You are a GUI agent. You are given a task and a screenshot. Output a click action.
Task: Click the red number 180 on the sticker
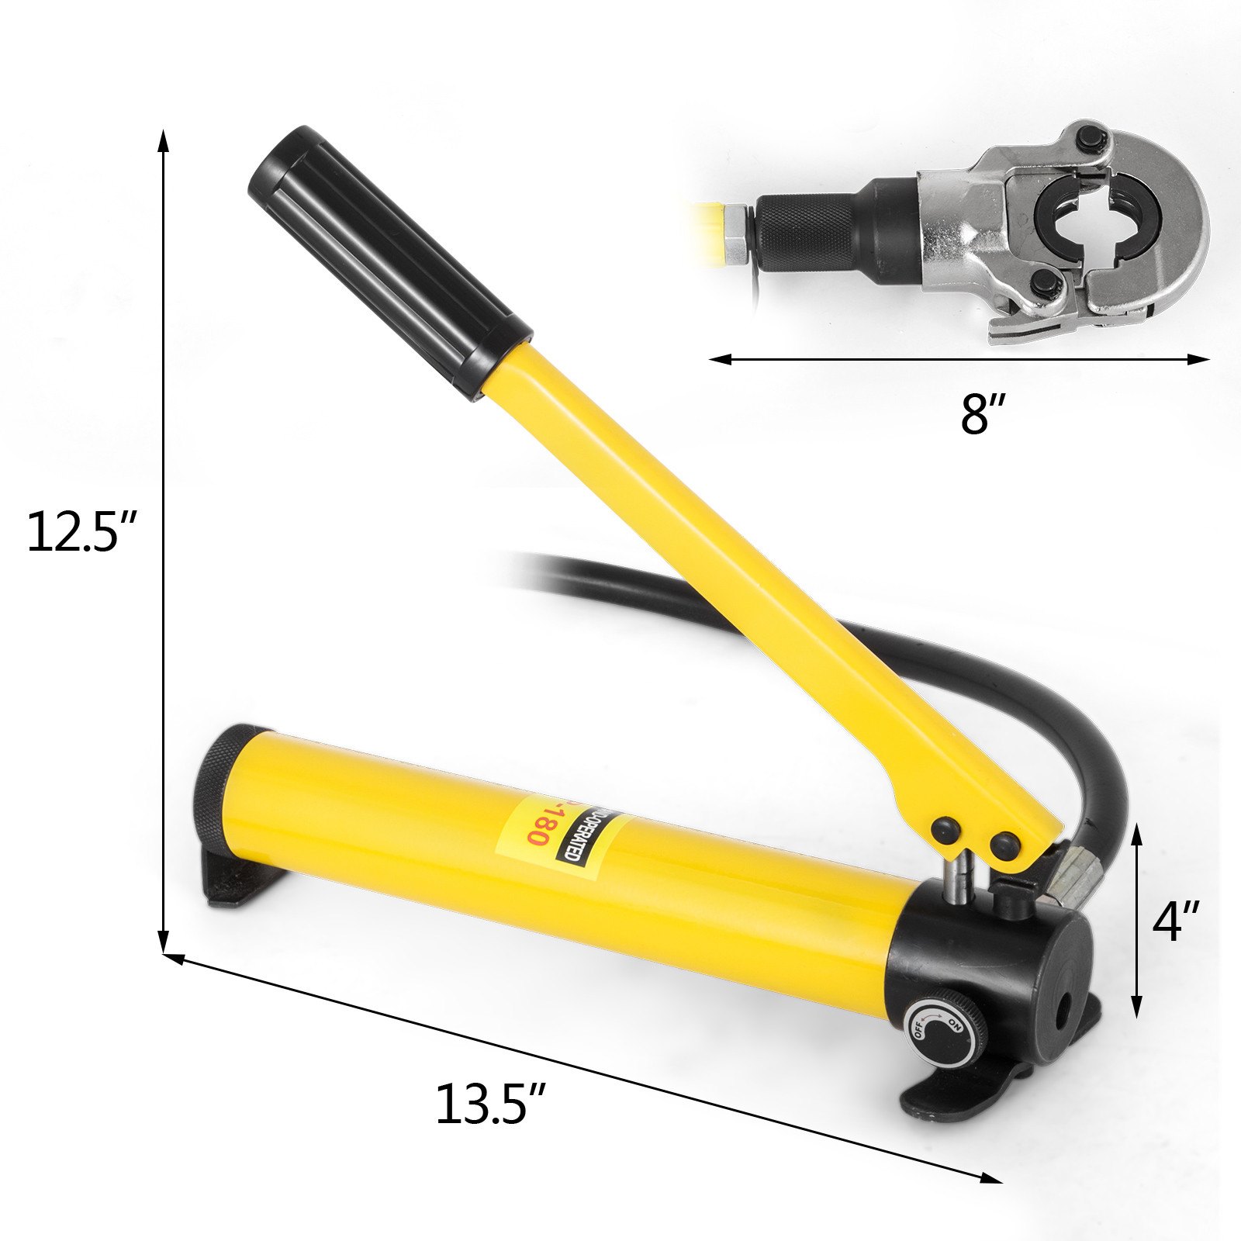click(x=538, y=822)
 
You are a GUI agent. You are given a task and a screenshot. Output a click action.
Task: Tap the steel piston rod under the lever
click(x=959, y=880)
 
